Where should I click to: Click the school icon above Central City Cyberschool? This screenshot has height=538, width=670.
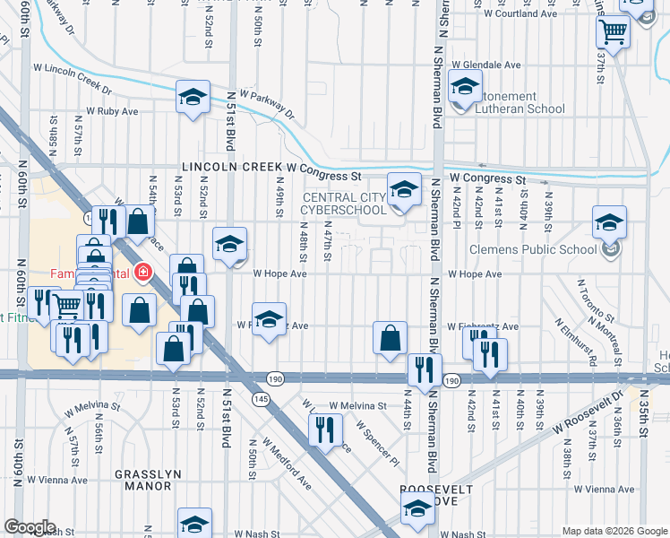point(404,189)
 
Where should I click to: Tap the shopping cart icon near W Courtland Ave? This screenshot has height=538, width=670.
point(614,32)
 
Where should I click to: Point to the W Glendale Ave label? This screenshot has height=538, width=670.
point(486,65)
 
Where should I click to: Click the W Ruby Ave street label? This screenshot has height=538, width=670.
point(112,112)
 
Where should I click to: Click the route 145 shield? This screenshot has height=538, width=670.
point(261,399)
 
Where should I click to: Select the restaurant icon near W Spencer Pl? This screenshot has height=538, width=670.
point(324,429)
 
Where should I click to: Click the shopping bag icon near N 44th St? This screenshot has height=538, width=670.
point(390,338)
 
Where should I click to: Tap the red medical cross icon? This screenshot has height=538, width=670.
point(142,271)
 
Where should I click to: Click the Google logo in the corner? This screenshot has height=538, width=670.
point(30,527)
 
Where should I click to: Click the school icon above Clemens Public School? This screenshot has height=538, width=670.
point(609,222)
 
